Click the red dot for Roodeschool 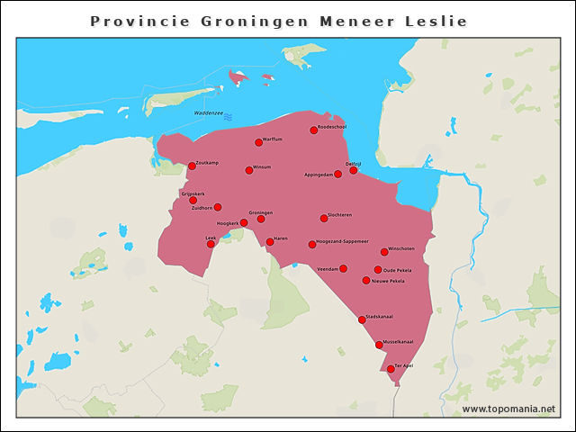click(314, 130)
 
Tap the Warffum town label click(273, 139)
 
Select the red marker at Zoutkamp click(192, 166)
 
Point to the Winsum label click(262, 166)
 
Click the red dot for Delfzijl click(354, 170)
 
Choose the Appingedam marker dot click(337, 174)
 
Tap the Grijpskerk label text click(193, 193)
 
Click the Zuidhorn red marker click(218, 207)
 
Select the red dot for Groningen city click(261, 219)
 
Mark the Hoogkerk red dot click(244, 222)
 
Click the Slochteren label click(340, 214)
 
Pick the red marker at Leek click(211, 244)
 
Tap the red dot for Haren click(270, 241)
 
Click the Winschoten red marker click(384, 252)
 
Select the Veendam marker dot click(343, 268)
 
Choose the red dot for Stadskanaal click(362, 319)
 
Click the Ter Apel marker click(391, 368)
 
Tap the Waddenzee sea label click(208, 112)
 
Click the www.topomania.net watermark click(508, 409)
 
